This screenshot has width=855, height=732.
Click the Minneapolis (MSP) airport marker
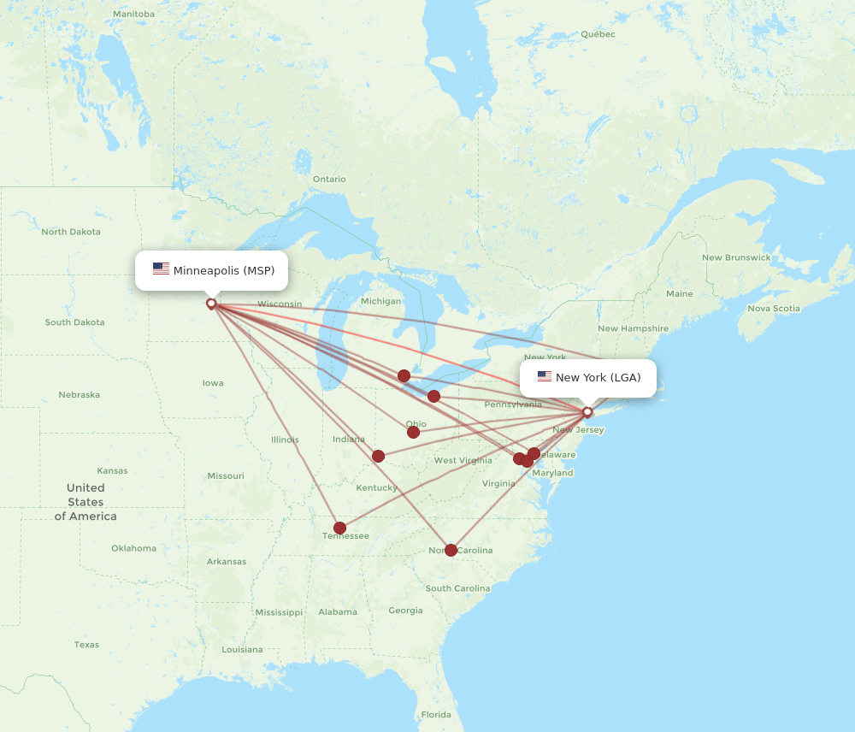point(211,303)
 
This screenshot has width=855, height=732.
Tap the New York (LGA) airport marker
point(587,412)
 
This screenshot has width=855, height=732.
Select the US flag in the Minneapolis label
point(161,269)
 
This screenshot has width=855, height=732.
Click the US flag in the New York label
point(545,377)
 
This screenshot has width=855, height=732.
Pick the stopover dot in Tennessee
point(339,528)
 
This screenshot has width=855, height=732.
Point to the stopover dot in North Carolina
point(451,550)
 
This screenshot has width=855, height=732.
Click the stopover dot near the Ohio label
point(413,432)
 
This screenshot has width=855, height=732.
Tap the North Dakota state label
point(71,232)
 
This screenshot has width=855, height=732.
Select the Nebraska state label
point(79,395)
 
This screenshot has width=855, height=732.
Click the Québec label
point(598,34)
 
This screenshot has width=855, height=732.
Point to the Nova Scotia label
point(774,308)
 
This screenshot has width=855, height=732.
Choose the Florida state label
point(435,714)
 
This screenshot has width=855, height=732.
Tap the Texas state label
point(85,645)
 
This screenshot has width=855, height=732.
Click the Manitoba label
point(133,14)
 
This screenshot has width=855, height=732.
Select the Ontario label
point(329,179)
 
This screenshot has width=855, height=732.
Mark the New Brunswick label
point(736,257)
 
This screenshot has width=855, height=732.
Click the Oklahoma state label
point(133,548)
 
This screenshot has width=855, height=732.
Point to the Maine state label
point(679,293)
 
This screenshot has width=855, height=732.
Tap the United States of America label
point(85,502)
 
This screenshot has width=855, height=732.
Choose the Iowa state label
point(213,383)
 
